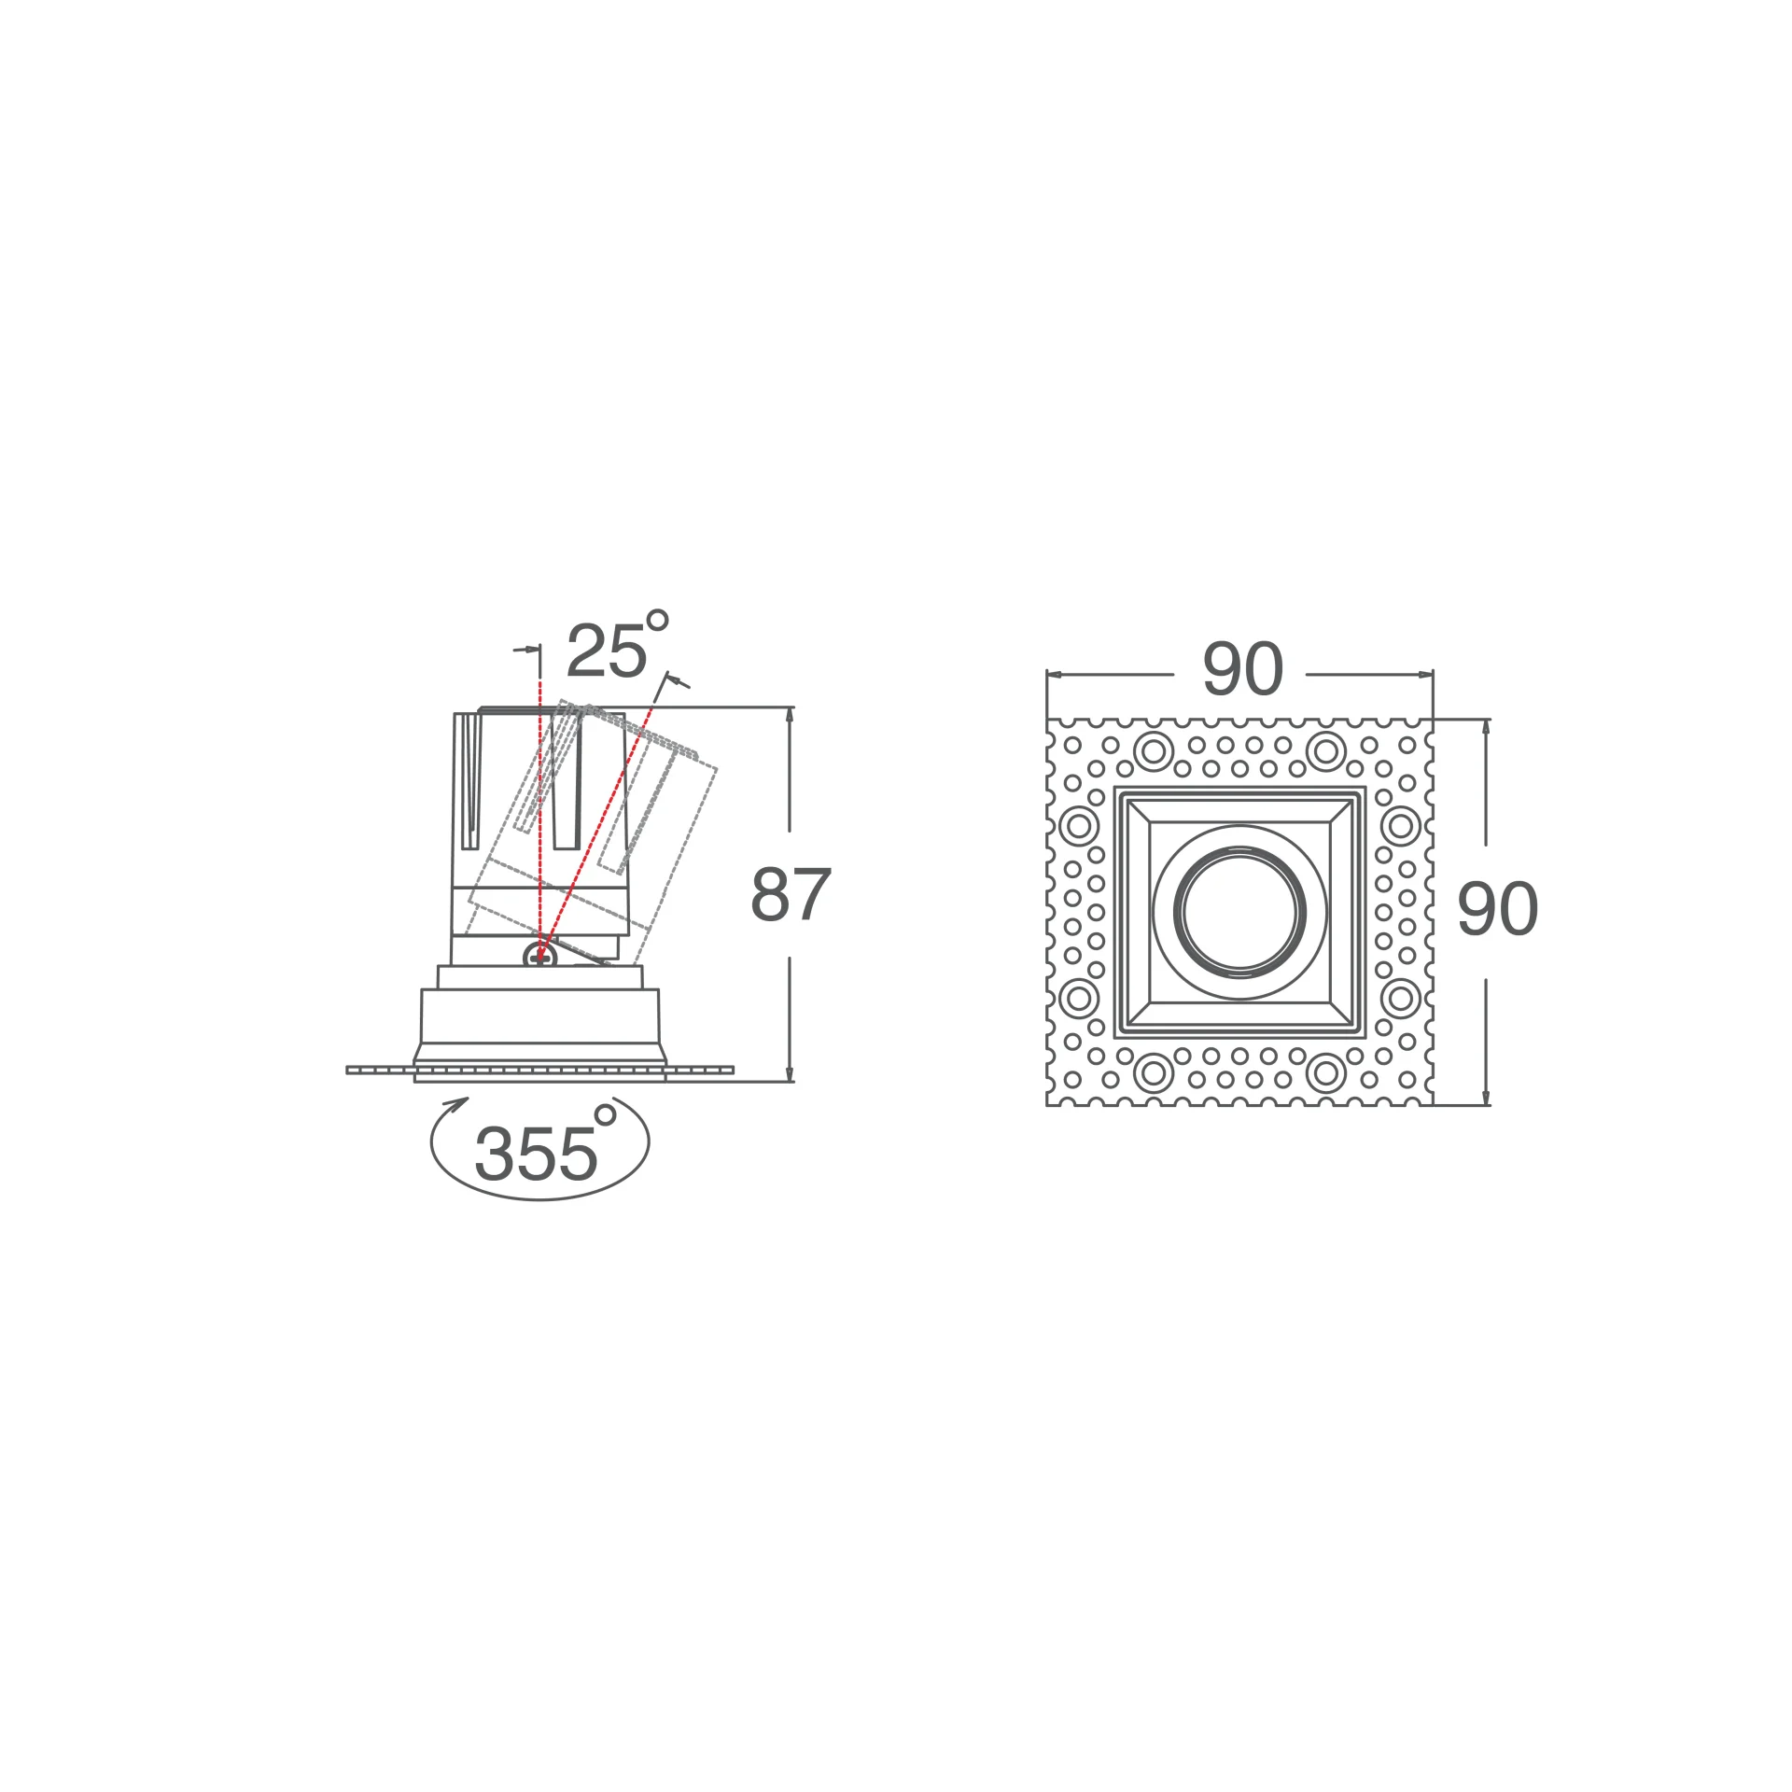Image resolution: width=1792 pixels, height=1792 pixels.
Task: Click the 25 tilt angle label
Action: point(607,651)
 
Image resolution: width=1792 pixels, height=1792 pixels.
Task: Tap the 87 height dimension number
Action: point(791,894)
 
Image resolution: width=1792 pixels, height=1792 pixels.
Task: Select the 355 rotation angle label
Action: point(536,1154)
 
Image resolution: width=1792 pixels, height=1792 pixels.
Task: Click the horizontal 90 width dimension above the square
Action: point(1242,668)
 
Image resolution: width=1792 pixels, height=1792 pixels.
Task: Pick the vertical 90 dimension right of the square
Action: point(1497,908)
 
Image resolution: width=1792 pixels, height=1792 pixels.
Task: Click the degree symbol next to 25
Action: point(657,620)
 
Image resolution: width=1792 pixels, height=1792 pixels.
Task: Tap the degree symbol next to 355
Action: point(605,1114)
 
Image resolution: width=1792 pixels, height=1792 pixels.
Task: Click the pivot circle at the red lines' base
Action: point(539,956)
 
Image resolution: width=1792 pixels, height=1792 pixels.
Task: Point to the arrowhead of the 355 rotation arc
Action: point(456,1104)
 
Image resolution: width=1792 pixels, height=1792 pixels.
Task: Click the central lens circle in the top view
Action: point(1239,912)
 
